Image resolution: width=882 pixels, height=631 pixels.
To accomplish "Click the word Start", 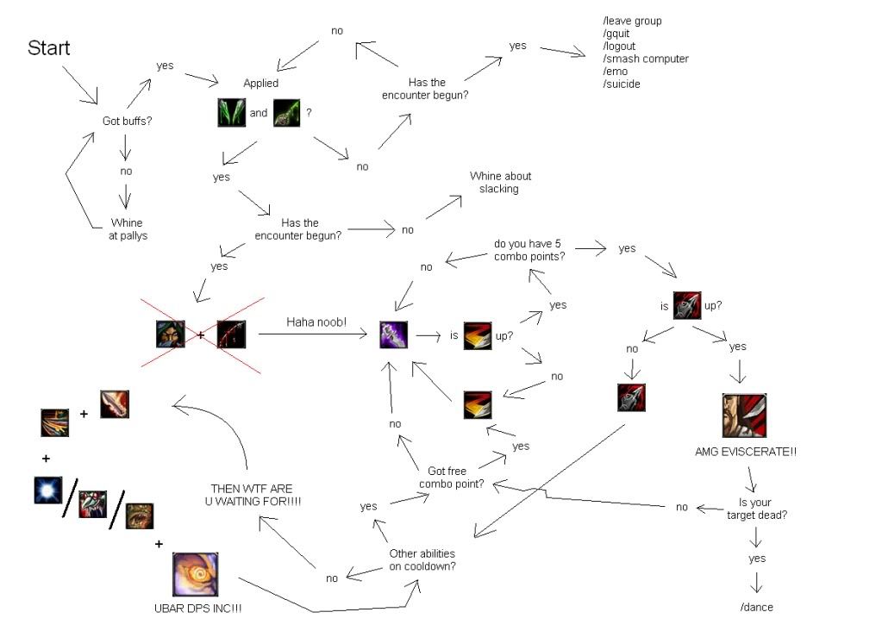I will point(48,47).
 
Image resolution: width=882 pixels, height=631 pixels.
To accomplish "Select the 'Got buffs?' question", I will point(127,121).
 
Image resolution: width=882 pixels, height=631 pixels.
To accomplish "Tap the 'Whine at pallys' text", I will point(127,228).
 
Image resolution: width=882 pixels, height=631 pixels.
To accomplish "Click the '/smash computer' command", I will point(646,59).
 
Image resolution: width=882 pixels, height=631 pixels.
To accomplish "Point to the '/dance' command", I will point(756,607).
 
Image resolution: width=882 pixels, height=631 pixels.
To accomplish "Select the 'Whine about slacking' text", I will point(500,182).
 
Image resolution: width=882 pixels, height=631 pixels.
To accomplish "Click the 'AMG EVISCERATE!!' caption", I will point(746,451).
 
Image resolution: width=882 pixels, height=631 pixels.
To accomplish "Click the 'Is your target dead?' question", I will point(756,508).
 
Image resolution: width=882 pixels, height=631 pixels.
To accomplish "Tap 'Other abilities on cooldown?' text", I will point(422,559).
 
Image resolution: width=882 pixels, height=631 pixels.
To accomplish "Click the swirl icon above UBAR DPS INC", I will point(195,575).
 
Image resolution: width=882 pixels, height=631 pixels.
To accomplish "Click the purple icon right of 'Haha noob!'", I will point(394,334).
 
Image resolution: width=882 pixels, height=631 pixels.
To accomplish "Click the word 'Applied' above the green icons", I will point(260,84).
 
